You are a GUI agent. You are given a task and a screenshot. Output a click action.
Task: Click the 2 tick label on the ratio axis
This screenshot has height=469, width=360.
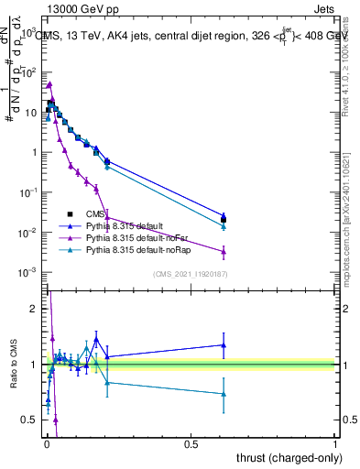coord(34,309)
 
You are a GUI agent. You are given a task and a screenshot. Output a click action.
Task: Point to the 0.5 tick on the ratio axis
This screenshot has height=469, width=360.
coord(30,420)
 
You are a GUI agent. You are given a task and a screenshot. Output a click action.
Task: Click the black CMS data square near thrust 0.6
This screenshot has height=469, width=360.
coord(224,220)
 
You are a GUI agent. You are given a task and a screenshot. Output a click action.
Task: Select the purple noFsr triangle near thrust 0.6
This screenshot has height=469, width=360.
coord(224,251)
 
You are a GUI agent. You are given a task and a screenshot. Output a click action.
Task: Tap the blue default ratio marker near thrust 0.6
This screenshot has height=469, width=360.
coord(224,345)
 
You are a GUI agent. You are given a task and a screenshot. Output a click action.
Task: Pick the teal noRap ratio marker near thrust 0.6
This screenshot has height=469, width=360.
coord(224,394)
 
